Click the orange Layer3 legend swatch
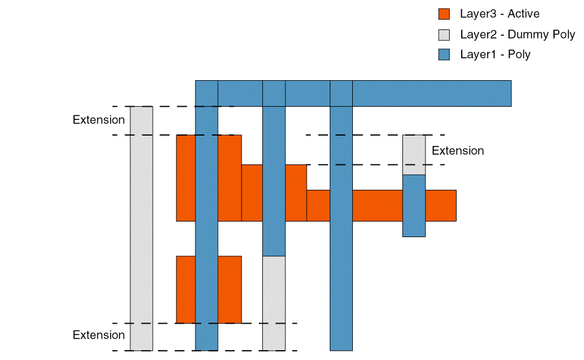click(x=444, y=14)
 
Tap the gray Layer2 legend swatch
click(x=444, y=35)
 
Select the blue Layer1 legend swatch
click(x=444, y=55)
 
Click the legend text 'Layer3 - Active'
click(x=499, y=14)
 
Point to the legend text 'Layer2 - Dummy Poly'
click(x=517, y=35)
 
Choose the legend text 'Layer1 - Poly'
click(x=495, y=55)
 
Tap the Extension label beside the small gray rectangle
click(x=458, y=151)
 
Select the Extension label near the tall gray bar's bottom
click(x=99, y=335)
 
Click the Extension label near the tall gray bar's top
click(x=99, y=120)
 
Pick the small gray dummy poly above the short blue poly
click(x=414, y=155)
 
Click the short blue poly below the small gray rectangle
click(x=414, y=205)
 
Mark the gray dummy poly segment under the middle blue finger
click(x=274, y=303)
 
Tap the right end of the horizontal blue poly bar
click(x=502, y=93)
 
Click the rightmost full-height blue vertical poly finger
click(x=341, y=231)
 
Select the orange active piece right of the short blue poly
click(x=441, y=205)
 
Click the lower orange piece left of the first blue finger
click(x=186, y=289)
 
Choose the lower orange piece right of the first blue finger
click(x=229, y=289)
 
